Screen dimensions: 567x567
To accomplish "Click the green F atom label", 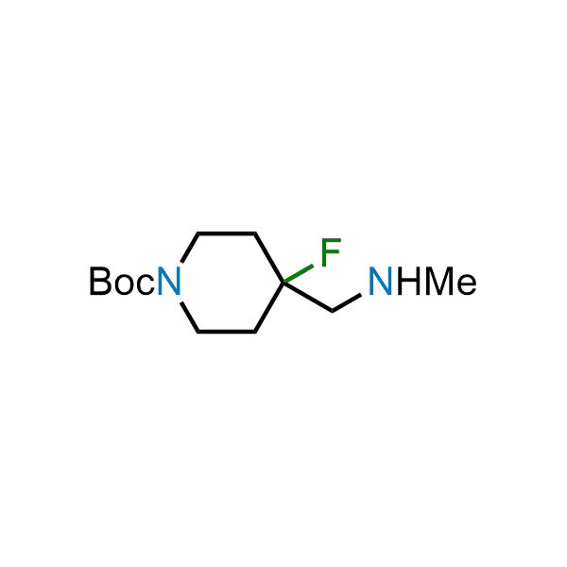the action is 331,252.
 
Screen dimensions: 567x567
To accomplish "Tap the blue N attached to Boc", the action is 169,281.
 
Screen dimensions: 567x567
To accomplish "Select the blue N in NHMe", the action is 381,281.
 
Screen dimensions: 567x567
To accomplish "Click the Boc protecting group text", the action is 123,281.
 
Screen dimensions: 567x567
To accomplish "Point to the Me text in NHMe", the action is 451,281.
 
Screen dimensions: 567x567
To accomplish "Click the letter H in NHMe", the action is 408,281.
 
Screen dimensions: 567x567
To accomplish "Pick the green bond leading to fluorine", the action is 299,274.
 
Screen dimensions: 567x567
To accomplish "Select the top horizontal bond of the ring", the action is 227,233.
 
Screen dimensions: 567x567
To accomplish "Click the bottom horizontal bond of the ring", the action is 227,332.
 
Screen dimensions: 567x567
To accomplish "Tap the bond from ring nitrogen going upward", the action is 190,248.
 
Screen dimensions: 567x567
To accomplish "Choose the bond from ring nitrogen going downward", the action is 190,317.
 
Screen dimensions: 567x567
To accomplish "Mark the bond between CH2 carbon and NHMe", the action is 347,302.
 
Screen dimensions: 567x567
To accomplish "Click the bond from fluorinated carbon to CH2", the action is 308,297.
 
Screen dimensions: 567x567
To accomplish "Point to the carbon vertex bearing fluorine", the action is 283,283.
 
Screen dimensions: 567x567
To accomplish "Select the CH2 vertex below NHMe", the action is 333,311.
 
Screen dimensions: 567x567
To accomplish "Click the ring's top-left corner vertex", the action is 198,233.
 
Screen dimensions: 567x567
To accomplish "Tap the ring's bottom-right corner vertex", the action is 255,332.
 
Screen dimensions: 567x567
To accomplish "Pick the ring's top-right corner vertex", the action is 255,233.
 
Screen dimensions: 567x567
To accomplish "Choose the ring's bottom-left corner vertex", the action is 198,332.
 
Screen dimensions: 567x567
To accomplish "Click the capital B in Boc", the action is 100,281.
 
